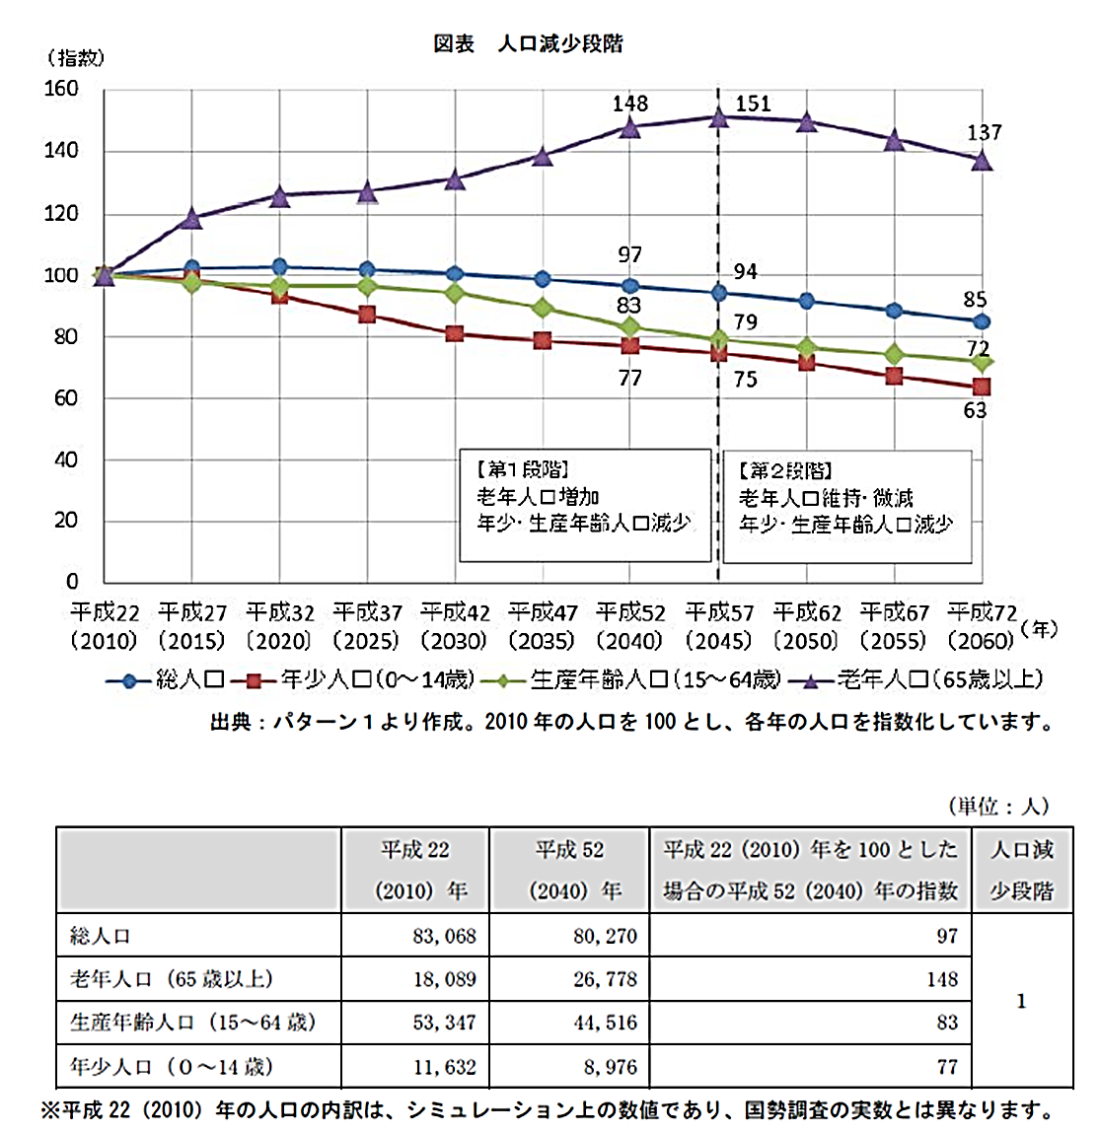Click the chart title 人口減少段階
coord(559,44)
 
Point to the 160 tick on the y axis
coord(61,90)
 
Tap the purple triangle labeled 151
coord(718,117)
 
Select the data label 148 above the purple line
coord(630,104)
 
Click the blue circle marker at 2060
coord(981,321)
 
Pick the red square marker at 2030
coord(454,333)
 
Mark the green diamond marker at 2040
coord(629,327)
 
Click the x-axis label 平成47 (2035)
coord(543,626)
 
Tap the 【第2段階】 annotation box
coord(846,505)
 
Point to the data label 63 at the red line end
coord(975,410)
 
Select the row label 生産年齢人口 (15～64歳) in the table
coord(193,1023)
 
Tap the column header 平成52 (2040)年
coord(569,870)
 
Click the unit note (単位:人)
coord(998,807)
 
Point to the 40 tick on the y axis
coord(65,460)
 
